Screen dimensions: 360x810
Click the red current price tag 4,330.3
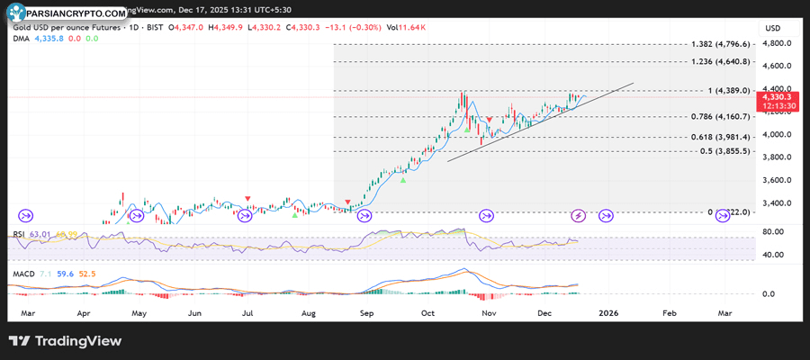pyautogui.click(x=775, y=96)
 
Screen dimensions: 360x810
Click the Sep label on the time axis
pyautogui.click(x=367, y=312)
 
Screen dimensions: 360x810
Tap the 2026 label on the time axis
pyautogui.click(x=609, y=312)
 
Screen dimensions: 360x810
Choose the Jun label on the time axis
pyautogui.click(x=195, y=312)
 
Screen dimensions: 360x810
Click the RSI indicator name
pyautogui.click(x=18, y=235)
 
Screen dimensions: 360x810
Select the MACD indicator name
pyautogui.click(x=23, y=274)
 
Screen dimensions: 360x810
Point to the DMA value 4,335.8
pyautogui.click(x=49, y=39)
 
